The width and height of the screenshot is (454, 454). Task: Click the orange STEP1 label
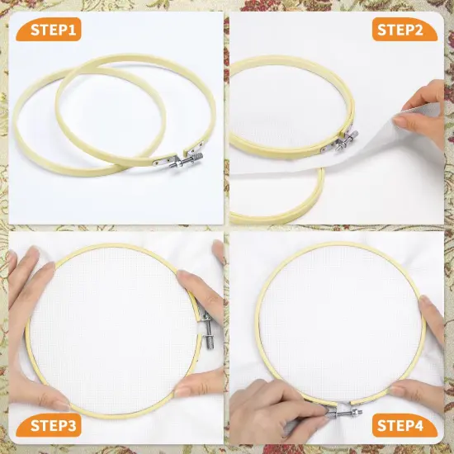pos(55,31)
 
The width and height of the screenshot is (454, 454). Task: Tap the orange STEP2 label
pos(400,31)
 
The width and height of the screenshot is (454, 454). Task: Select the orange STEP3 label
pos(55,426)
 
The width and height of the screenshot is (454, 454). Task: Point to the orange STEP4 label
pos(400,426)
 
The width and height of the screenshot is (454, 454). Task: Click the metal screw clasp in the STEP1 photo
pos(183,166)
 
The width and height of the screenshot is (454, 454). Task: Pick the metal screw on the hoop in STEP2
pos(345,140)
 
